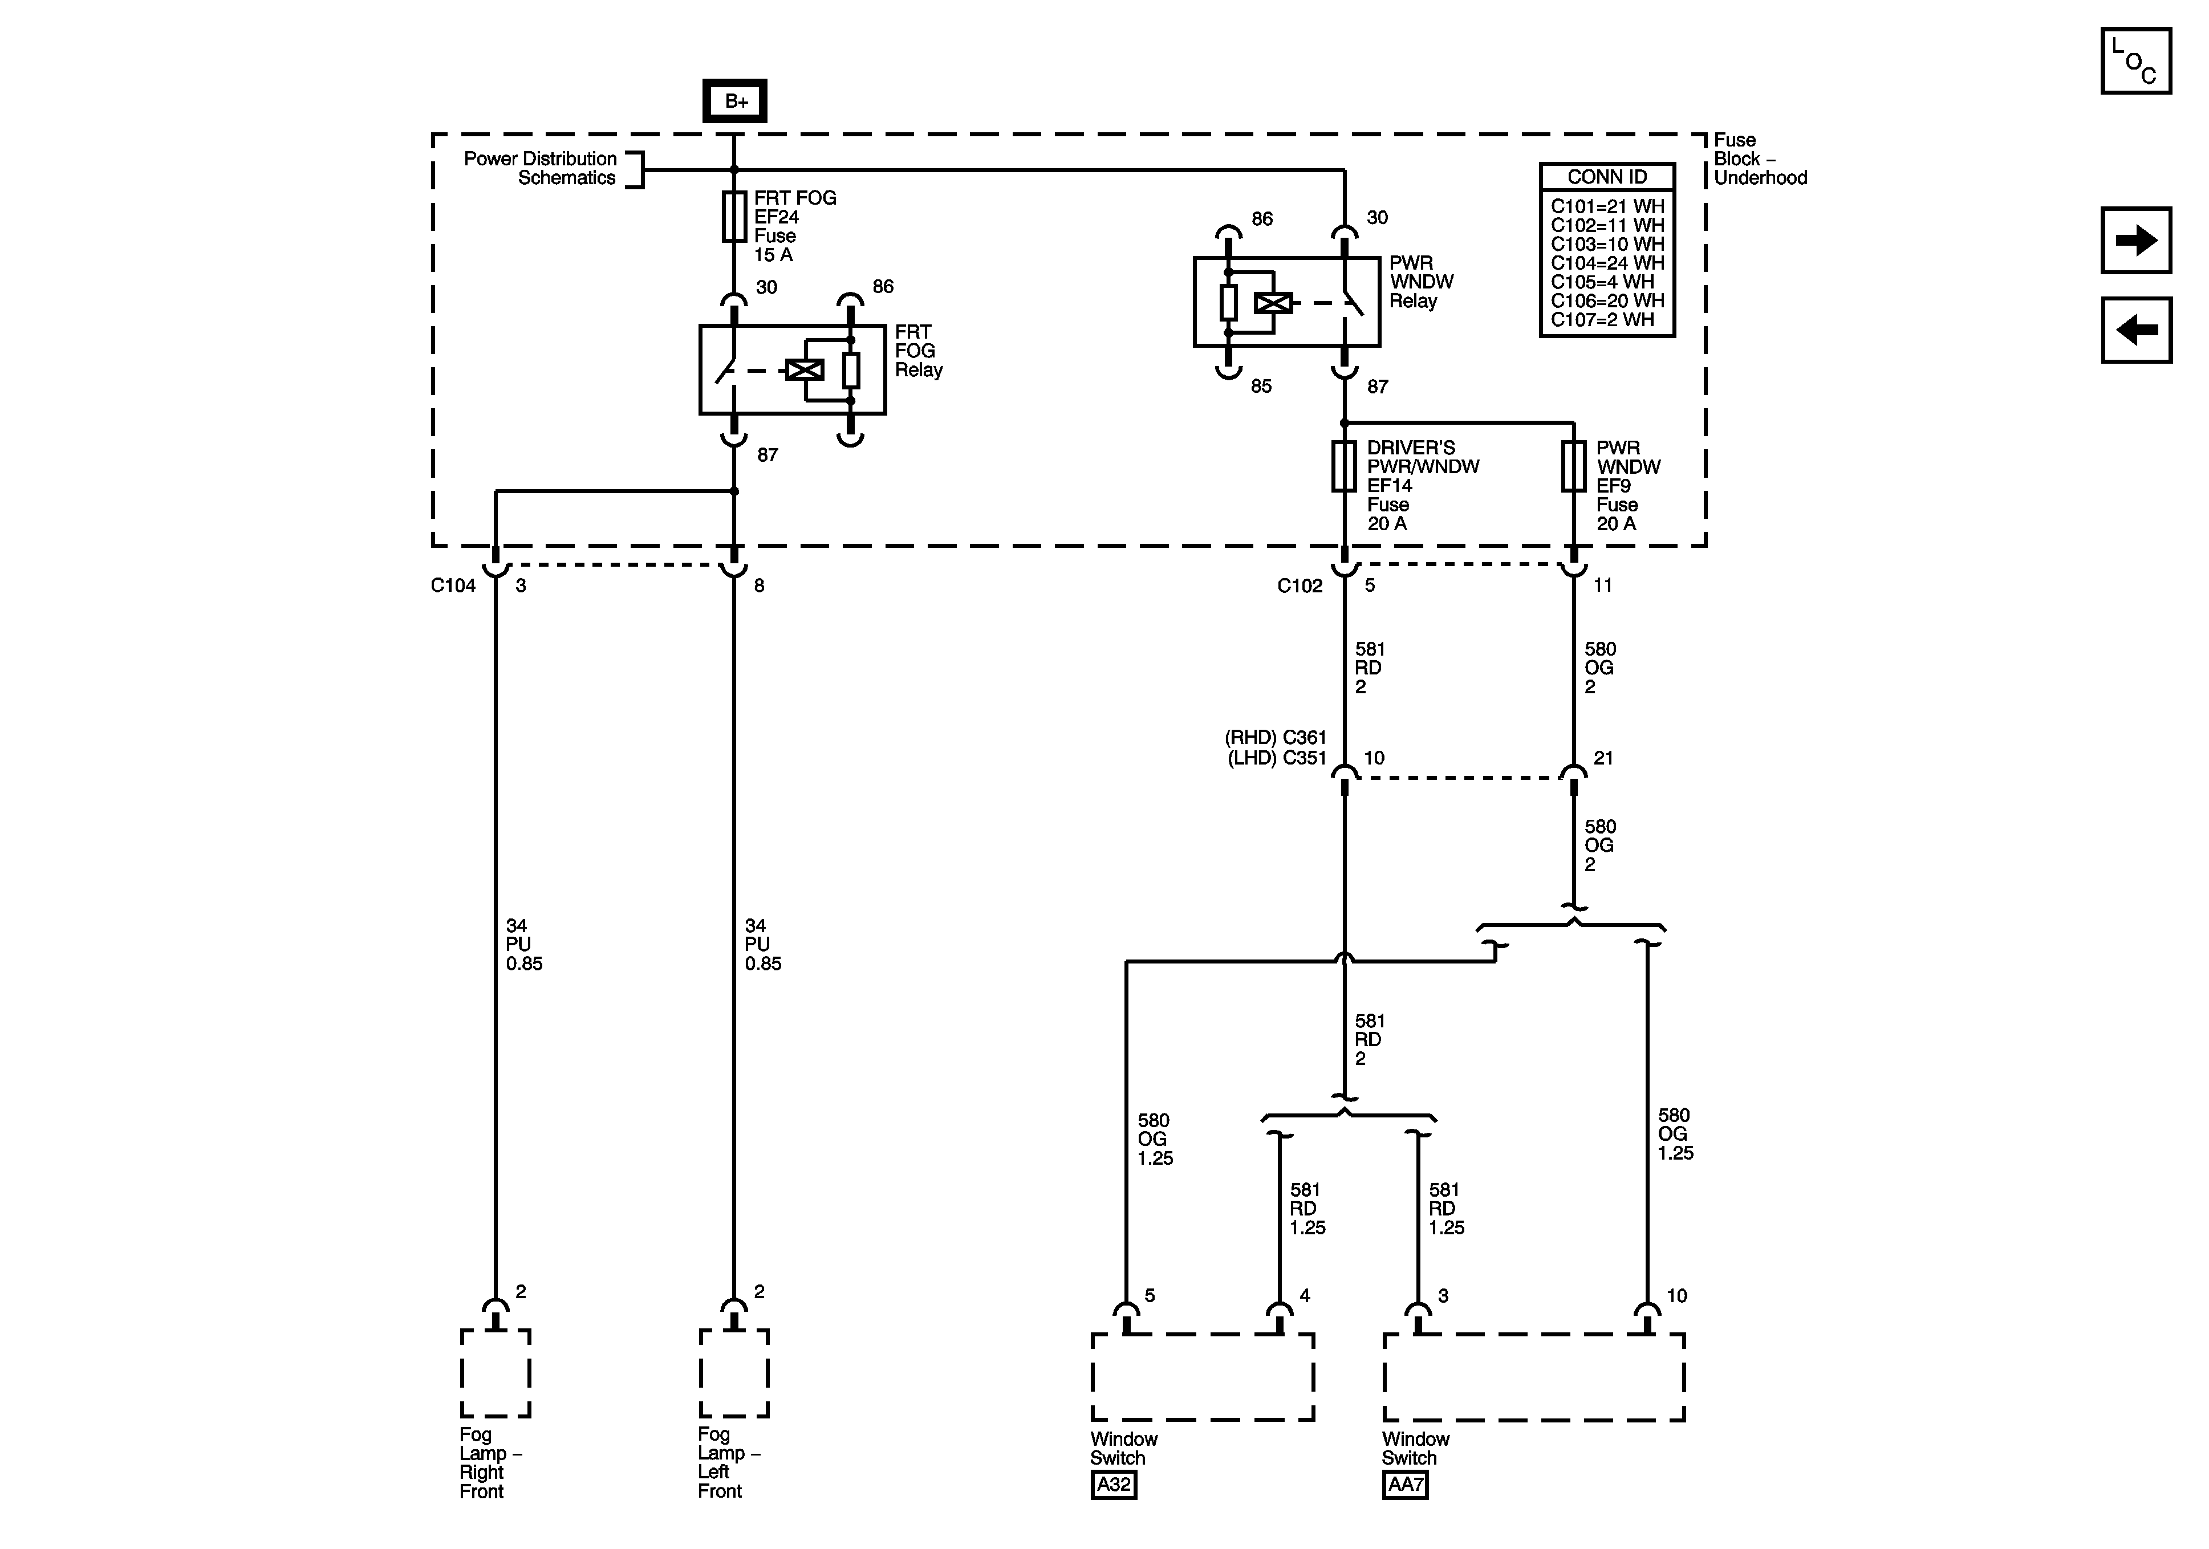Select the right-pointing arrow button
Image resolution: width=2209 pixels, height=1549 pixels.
point(2136,241)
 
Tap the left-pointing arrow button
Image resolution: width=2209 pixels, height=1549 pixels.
point(2136,330)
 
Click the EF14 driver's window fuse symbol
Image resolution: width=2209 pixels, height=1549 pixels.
point(1344,466)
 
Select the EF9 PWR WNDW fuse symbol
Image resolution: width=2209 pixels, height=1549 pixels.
point(1573,466)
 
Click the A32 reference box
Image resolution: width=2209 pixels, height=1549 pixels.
point(1113,1485)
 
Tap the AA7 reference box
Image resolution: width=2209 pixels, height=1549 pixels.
point(1404,1485)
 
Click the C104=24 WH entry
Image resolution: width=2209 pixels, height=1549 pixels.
point(1607,263)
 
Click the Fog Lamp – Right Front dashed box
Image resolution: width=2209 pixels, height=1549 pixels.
point(496,1373)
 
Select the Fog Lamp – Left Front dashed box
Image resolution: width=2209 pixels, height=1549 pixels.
point(734,1373)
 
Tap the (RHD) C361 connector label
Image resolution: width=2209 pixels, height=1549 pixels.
point(1276,738)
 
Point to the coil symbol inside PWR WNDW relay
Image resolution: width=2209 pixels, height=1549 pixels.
point(1273,303)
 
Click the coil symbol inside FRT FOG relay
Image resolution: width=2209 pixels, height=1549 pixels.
point(805,369)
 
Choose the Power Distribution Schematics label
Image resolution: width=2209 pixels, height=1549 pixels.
point(540,168)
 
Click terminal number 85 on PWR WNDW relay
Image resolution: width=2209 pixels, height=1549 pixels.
point(1260,386)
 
